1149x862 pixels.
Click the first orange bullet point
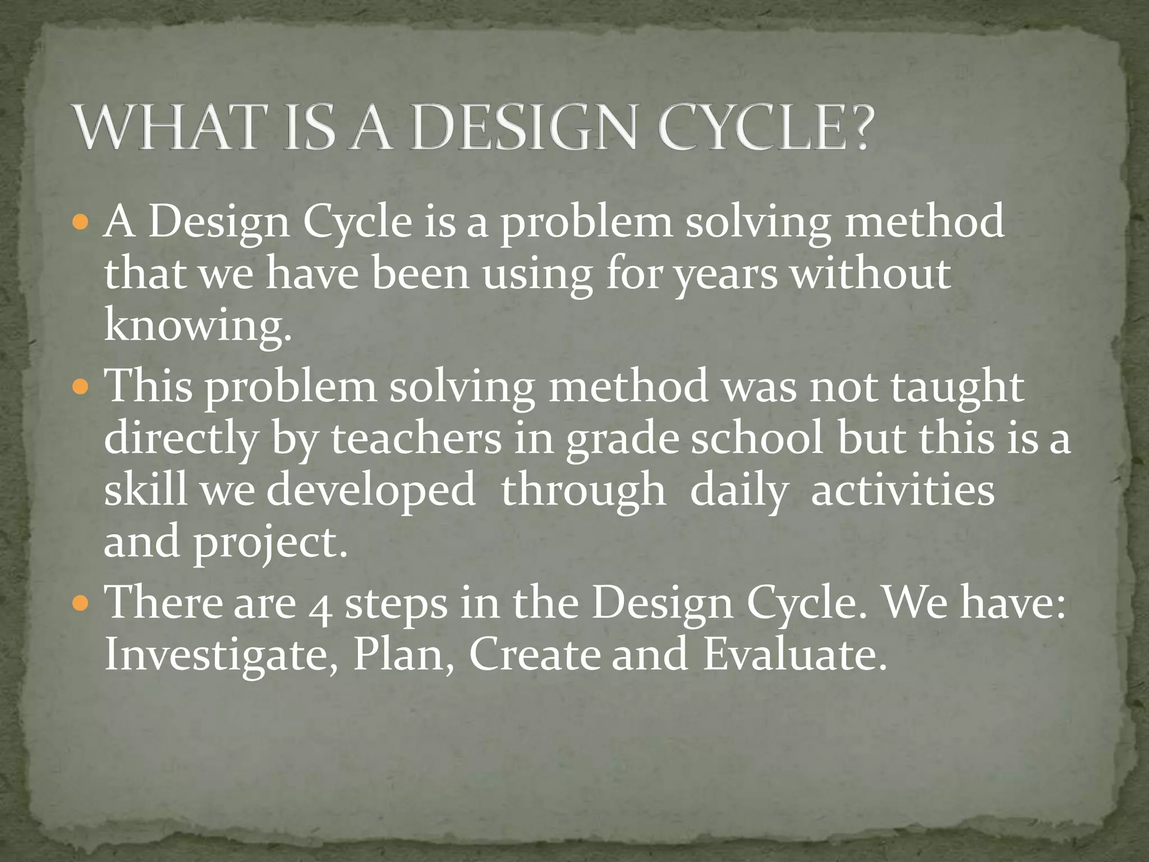[81, 224]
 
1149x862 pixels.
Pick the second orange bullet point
[81, 388]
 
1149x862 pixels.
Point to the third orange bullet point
[81, 604]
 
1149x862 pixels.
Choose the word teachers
[416, 439]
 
